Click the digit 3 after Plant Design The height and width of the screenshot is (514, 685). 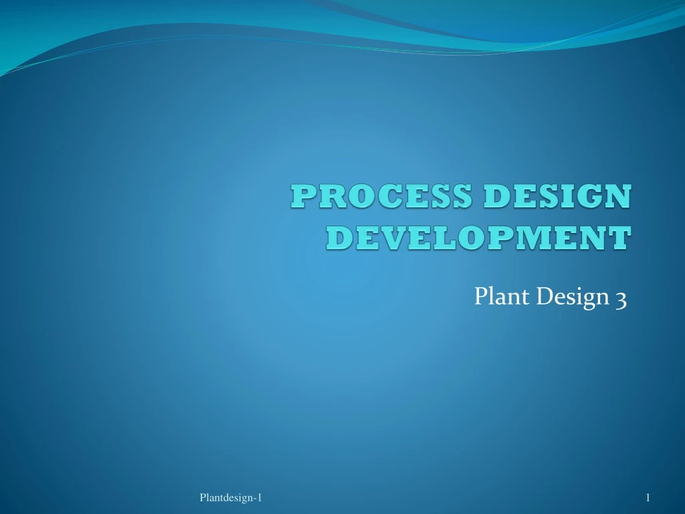[x=620, y=298]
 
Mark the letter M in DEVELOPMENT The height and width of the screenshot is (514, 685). [x=543, y=238]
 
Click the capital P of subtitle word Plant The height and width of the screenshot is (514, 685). [x=481, y=296]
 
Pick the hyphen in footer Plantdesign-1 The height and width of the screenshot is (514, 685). [x=254, y=498]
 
